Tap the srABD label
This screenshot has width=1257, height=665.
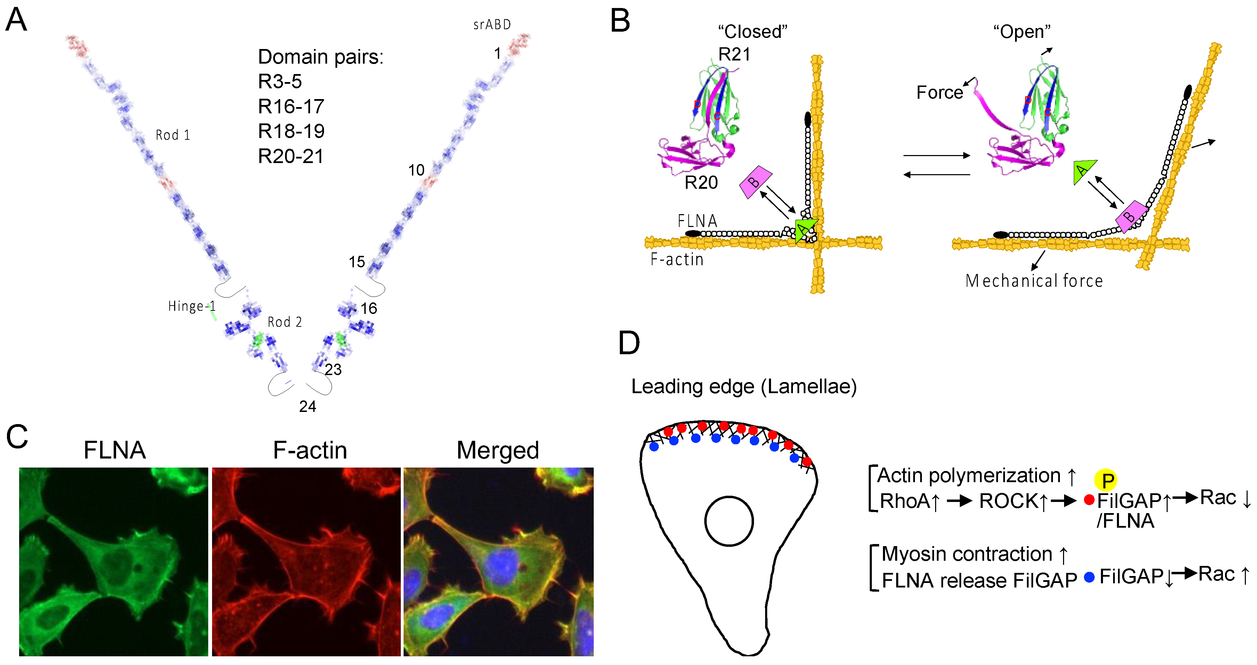(492, 24)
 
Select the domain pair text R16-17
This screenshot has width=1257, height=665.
(291, 106)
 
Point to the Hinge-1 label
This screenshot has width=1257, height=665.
(191, 306)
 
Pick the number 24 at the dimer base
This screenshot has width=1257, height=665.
(307, 406)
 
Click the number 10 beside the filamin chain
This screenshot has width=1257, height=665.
(416, 170)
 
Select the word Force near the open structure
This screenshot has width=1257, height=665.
(939, 92)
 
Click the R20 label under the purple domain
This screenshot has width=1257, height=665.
(701, 183)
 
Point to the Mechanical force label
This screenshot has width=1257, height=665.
(1033, 281)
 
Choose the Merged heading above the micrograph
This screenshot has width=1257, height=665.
(498, 450)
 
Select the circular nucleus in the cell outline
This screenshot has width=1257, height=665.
(729, 521)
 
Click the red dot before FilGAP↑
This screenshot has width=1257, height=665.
(1088, 500)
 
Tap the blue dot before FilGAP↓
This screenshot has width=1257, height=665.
(1089, 577)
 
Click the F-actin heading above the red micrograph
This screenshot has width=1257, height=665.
(310, 450)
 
